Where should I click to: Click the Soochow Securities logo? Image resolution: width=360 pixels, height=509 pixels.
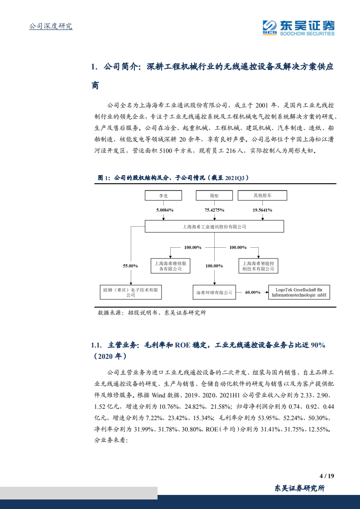(298, 27)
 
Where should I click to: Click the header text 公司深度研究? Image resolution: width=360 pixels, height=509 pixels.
(51, 26)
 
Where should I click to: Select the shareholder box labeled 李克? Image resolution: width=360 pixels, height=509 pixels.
(163, 196)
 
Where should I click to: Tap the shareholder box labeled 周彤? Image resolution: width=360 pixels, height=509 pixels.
(214, 196)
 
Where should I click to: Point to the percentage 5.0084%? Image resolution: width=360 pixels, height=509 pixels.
(165, 210)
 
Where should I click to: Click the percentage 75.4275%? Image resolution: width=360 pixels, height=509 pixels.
(214, 210)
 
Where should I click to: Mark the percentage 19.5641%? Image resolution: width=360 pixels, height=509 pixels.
(262, 210)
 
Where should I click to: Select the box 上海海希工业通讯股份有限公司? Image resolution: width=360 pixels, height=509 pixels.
(214, 226)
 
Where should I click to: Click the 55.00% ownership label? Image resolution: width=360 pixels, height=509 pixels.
(130, 265)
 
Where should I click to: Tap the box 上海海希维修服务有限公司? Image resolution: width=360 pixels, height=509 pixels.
(168, 266)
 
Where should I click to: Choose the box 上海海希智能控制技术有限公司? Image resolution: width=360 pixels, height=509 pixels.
(258, 266)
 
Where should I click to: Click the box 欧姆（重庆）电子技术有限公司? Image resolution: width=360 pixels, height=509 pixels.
(131, 292)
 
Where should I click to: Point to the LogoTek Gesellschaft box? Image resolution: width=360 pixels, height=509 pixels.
(299, 292)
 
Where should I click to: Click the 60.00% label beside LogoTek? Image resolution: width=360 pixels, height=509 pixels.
(252, 292)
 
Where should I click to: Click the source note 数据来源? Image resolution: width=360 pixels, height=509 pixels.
(152, 313)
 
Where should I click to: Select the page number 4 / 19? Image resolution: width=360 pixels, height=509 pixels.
(327, 476)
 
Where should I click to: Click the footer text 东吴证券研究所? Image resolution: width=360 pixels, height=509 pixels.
(300, 488)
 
